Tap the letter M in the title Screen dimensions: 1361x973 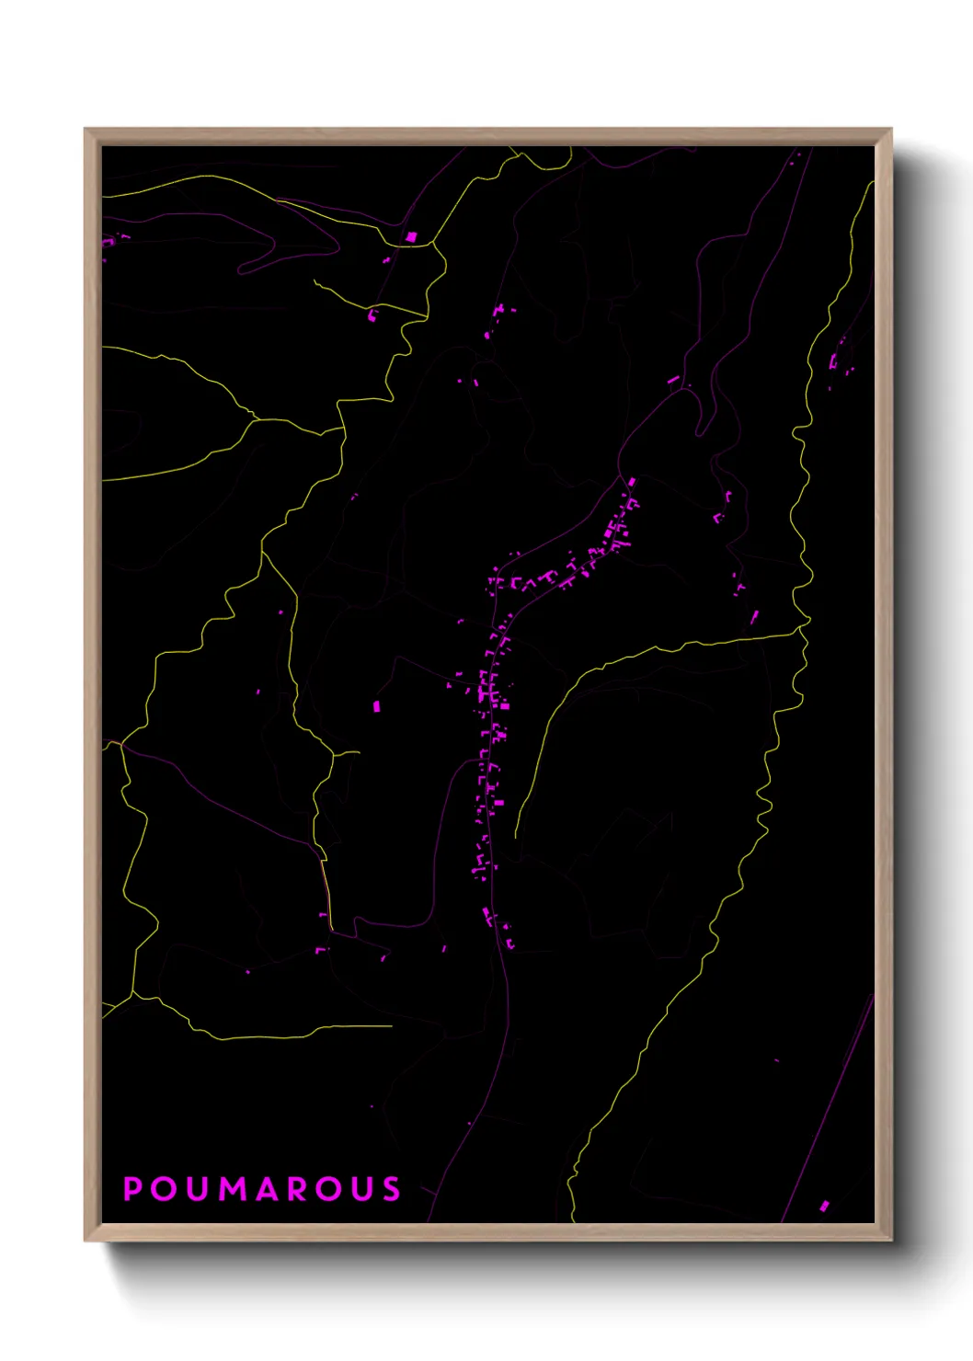point(234,1189)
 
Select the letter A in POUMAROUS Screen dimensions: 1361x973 point(268,1189)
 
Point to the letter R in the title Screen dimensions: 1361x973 point(298,1189)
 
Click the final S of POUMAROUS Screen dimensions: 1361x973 point(393,1189)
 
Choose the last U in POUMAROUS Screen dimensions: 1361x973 point(362,1189)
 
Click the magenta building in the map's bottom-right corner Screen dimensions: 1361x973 point(824,1206)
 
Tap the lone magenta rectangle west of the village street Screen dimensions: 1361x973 point(376,706)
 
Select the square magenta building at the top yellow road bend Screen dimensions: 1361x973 point(411,236)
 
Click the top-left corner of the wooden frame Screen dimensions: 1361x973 point(86,130)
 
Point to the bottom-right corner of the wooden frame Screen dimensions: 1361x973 point(890,1240)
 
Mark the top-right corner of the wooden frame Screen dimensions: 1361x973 point(890,130)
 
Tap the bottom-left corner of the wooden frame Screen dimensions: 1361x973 point(86,1240)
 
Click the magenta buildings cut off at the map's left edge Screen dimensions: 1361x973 point(109,241)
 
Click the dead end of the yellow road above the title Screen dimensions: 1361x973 point(391,1025)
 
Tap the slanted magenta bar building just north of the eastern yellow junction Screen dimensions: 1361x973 point(754,616)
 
